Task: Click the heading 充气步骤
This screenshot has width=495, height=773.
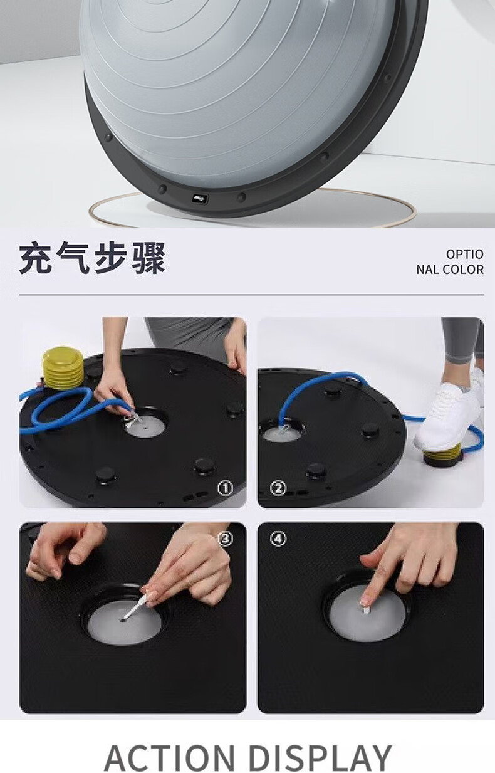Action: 92,258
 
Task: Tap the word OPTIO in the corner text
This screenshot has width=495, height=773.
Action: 465,254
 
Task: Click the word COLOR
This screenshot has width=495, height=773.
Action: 464,270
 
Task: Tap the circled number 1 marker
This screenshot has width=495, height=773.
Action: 225,488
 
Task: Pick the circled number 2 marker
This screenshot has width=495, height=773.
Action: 278,488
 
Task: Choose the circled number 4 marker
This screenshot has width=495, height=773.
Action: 278,539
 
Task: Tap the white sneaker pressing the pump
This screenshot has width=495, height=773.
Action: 449,413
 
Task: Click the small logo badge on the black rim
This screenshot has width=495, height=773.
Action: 201,199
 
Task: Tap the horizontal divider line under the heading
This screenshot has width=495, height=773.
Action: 251,295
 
